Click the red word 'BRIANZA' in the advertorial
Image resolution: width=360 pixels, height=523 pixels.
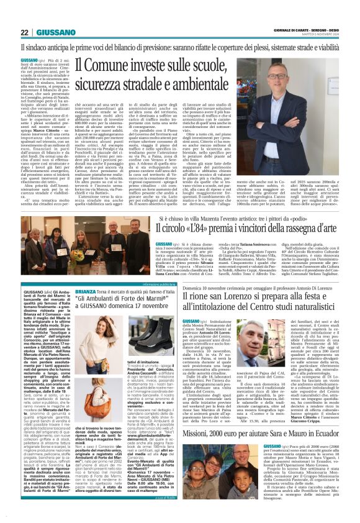coord(86,292)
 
